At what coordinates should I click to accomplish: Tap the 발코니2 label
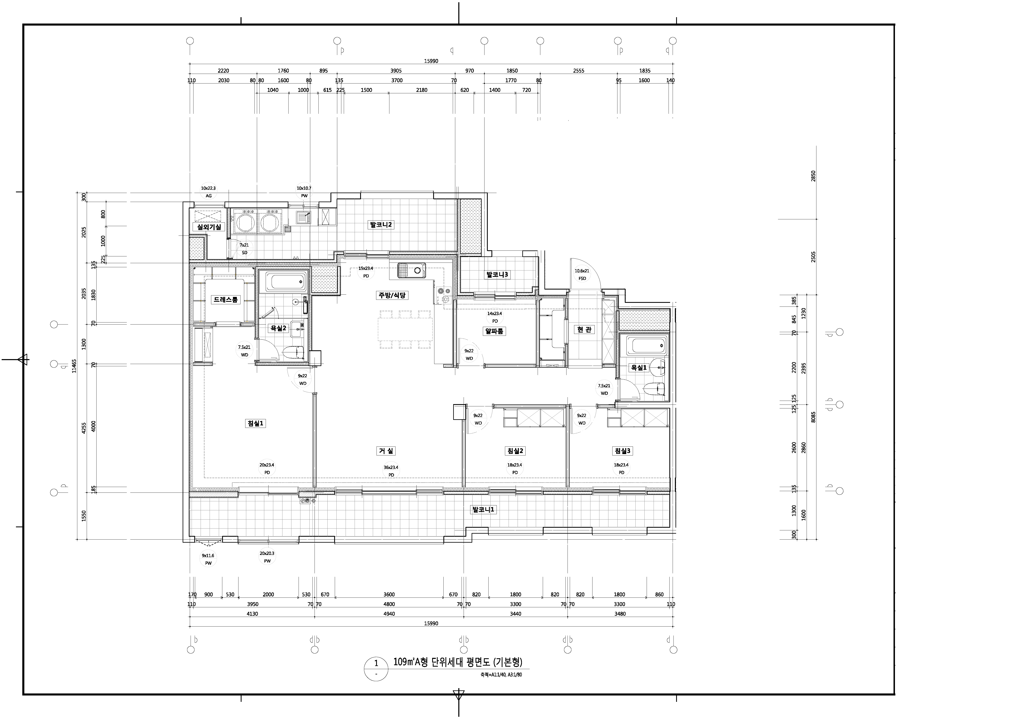(x=381, y=225)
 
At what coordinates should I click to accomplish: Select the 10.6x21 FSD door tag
(x=582, y=274)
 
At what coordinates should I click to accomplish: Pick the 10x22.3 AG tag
(x=208, y=192)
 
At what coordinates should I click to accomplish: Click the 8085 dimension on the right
(x=813, y=417)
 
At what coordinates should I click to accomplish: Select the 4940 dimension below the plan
(x=389, y=614)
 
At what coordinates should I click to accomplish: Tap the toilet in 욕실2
(x=294, y=352)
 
